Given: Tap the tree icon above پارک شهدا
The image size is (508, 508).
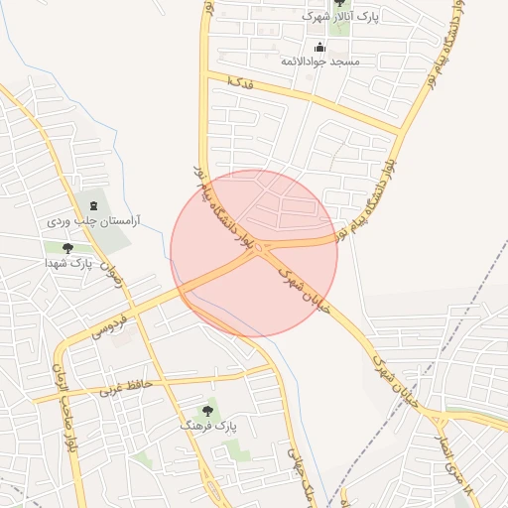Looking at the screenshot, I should [67, 249].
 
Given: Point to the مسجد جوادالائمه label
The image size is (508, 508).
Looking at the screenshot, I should [319, 62].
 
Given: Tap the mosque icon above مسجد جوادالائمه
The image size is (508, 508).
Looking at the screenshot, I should [319, 47].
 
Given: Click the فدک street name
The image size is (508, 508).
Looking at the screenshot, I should [240, 81].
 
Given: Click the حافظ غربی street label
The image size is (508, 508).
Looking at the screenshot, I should [123, 385].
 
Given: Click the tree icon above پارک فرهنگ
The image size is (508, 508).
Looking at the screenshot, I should [208, 410].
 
